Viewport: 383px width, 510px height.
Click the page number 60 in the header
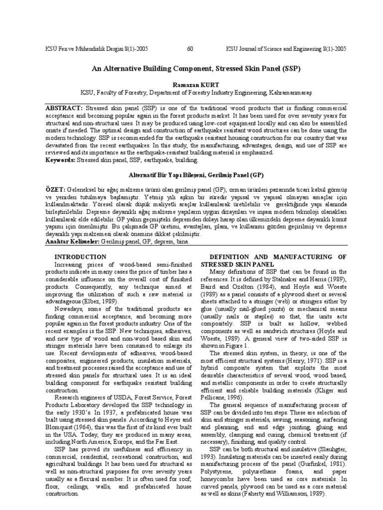[x=190, y=49]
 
